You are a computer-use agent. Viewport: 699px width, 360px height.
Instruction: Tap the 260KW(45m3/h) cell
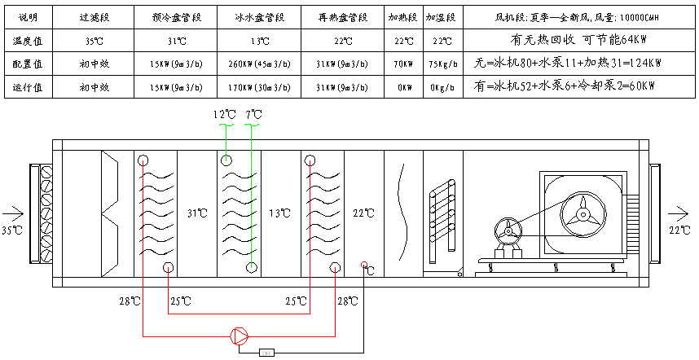click(x=252, y=63)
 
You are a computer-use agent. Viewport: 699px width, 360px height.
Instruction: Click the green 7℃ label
click(x=253, y=116)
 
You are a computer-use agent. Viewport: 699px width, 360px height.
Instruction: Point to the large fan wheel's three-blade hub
click(x=580, y=213)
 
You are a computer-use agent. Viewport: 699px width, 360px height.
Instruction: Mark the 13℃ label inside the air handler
click(x=279, y=213)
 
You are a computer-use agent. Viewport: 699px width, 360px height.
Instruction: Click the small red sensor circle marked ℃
click(x=364, y=266)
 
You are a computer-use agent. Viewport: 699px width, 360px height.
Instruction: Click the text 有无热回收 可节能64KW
click(x=578, y=39)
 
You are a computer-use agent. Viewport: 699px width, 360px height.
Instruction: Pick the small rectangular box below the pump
click(x=267, y=353)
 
